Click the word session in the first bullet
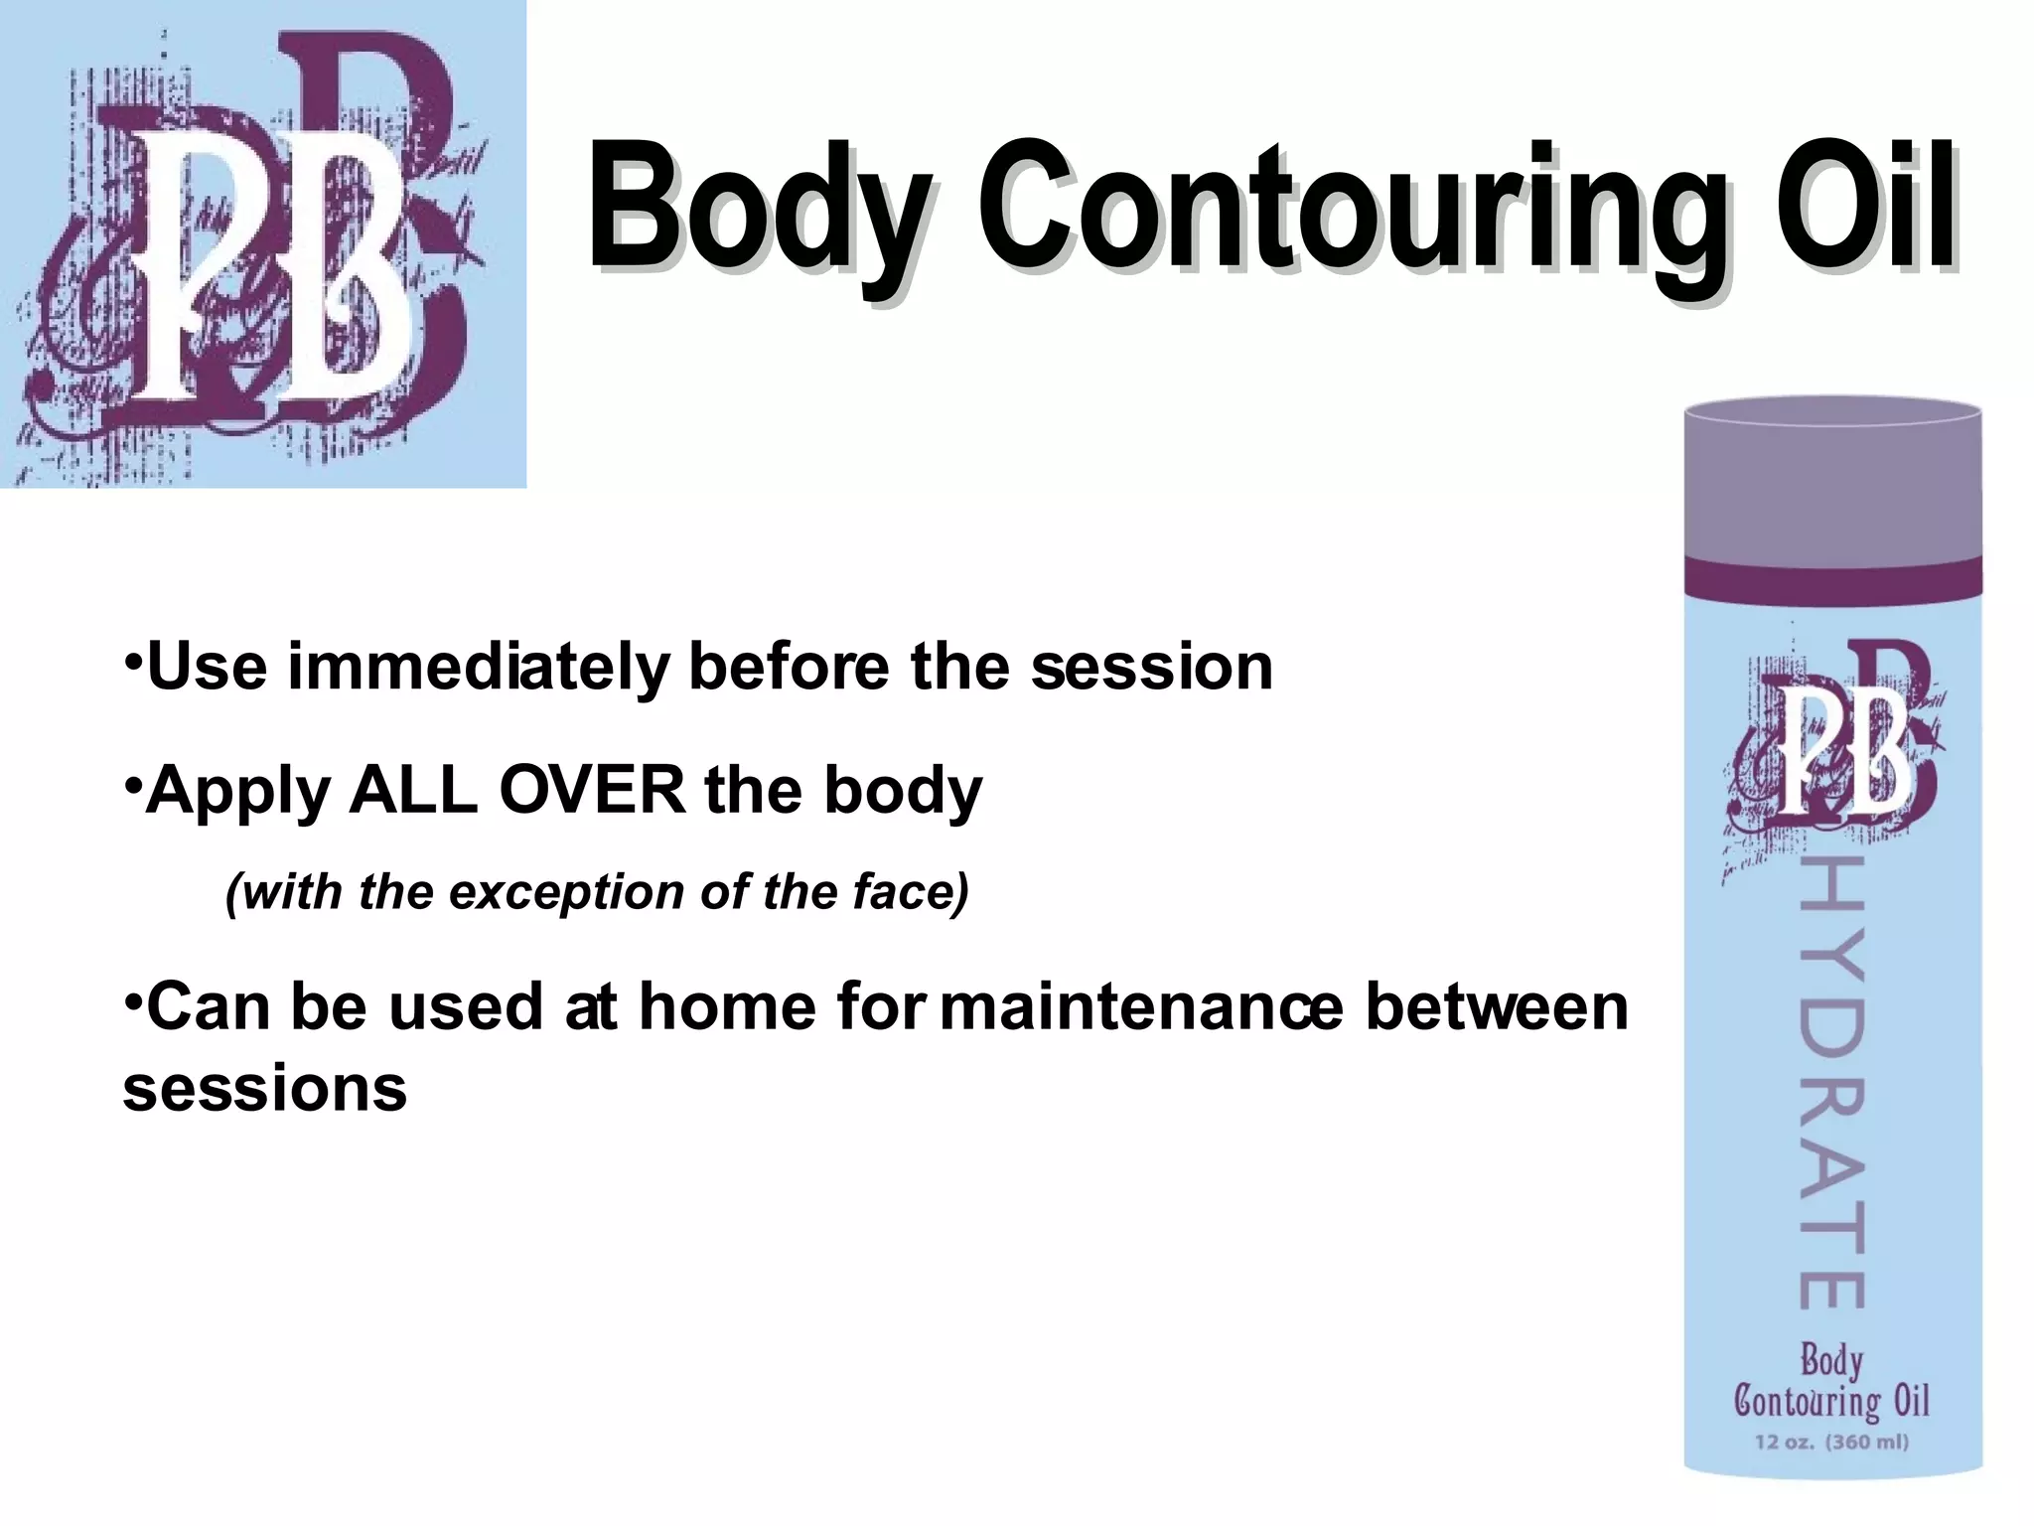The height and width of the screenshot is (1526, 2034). click(x=1152, y=668)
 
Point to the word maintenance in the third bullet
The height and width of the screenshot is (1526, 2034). click(x=1142, y=1007)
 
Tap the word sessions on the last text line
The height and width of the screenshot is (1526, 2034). click(x=265, y=1090)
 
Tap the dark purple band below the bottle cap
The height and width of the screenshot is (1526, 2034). click(x=1832, y=581)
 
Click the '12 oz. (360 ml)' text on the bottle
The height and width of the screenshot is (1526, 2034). click(x=1832, y=1442)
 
